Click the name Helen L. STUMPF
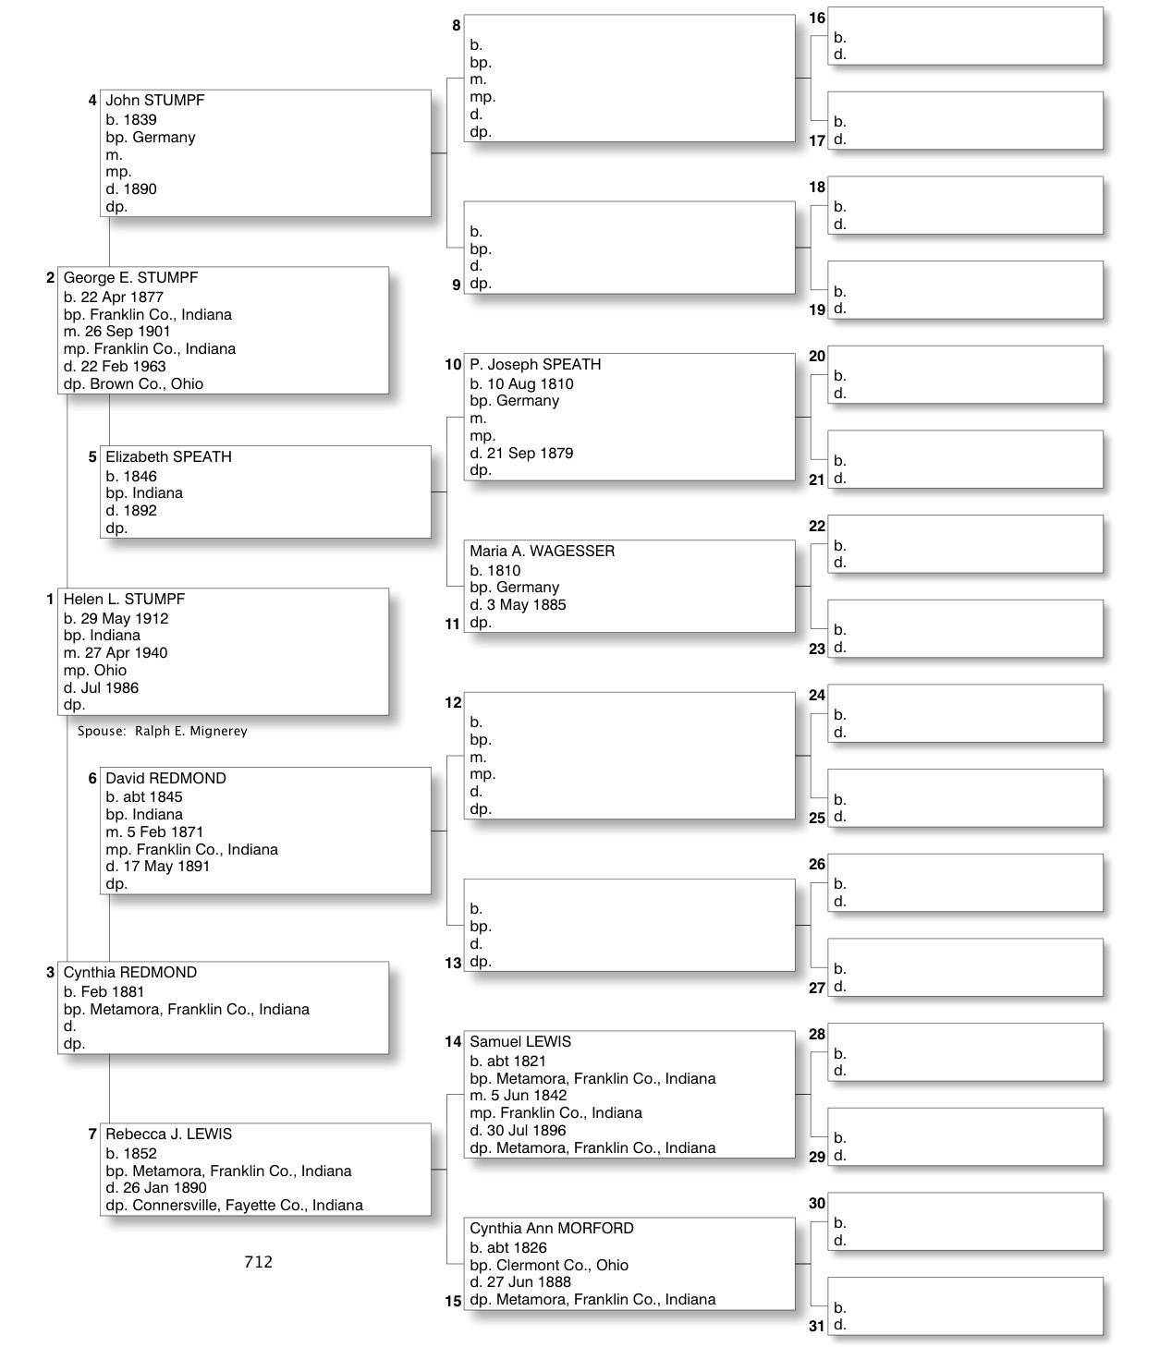tap(124, 600)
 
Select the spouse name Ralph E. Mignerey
tap(190, 732)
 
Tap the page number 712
tap(258, 1262)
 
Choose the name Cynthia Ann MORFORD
tap(551, 1229)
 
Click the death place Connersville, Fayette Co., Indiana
tap(247, 1206)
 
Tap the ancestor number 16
tap(817, 18)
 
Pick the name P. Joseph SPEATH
tap(535, 365)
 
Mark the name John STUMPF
tap(154, 101)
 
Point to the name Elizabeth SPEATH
tap(168, 457)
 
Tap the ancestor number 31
tap(817, 1327)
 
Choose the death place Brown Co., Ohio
tap(146, 384)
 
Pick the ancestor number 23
tap(817, 649)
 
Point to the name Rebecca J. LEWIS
tap(168, 1135)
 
